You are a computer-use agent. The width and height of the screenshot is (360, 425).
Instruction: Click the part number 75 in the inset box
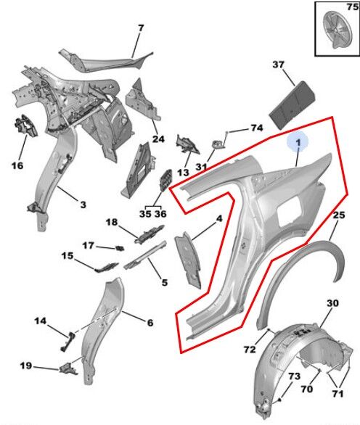353,7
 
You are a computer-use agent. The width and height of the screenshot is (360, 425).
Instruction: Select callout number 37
278,65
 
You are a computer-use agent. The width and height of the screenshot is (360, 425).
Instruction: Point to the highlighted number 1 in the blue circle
298,142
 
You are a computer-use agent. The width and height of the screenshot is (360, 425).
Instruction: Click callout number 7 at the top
141,28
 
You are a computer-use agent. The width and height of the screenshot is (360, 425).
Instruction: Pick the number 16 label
17,165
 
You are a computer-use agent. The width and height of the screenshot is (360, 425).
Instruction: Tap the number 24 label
158,139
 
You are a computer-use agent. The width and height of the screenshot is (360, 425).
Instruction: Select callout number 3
83,205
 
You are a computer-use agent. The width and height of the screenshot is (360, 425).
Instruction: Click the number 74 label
256,128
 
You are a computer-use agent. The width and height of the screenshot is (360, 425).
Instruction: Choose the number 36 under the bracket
160,214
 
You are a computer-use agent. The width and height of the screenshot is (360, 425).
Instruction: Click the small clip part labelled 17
119,248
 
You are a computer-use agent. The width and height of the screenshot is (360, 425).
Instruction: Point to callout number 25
339,215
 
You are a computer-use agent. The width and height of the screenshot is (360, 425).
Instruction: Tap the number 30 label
332,302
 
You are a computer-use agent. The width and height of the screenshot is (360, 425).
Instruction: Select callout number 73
294,376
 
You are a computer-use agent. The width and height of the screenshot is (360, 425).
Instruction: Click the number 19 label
26,366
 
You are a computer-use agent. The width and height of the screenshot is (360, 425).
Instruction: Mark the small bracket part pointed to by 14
67,342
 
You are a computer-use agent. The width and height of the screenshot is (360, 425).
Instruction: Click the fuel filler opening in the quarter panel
289,211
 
